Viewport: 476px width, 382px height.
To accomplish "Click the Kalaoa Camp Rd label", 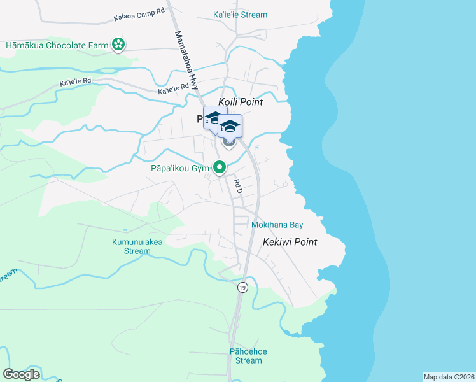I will (x=139, y=15).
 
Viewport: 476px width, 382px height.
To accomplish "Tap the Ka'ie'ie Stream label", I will (x=240, y=15).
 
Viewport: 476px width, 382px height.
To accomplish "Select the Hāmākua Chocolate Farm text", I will (x=56, y=45).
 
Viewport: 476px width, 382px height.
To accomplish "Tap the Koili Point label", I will (x=241, y=102).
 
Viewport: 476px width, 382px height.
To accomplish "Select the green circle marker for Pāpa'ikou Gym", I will (x=220, y=168).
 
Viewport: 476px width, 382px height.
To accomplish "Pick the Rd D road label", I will (x=237, y=185).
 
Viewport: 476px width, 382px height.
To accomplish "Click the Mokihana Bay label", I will (x=277, y=225).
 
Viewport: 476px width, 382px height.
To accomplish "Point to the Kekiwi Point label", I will (x=290, y=242).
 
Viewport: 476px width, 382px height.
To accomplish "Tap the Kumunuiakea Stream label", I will (x=131, y=246).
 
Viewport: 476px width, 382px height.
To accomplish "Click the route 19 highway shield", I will (x=242, y=288).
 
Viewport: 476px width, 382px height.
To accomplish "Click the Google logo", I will (x=22, y=374).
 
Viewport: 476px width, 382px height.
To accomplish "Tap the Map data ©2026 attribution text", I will (x=449, y=376).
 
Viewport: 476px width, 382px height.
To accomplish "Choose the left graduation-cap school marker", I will (x=214, y=117).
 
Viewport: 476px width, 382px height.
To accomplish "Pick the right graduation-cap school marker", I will (x=230, y=126).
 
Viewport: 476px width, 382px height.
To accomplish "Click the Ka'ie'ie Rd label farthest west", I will (x=75, y=81).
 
